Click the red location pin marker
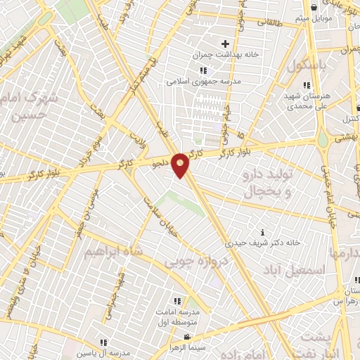tap(181, 165)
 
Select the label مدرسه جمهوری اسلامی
tap(204, 81)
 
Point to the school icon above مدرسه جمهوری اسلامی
tap(203, 70)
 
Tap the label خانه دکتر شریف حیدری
tap(263, 243)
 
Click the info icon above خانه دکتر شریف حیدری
tap(263, 232)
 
